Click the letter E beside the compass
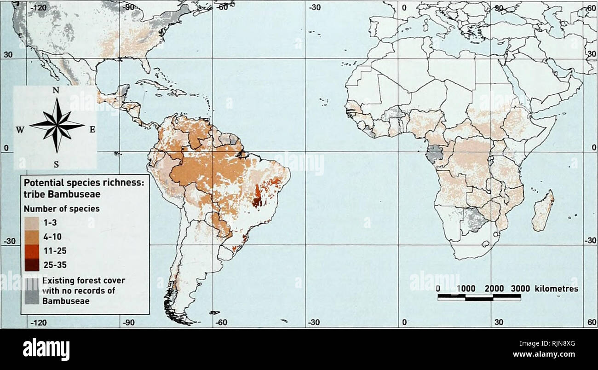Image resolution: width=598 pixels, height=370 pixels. pyautogui.click(x=92, y=129)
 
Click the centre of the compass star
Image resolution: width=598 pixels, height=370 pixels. pyautogui.click(x=57, y=125)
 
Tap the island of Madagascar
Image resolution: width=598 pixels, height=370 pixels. pyautogui.click(x=543, y=212)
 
